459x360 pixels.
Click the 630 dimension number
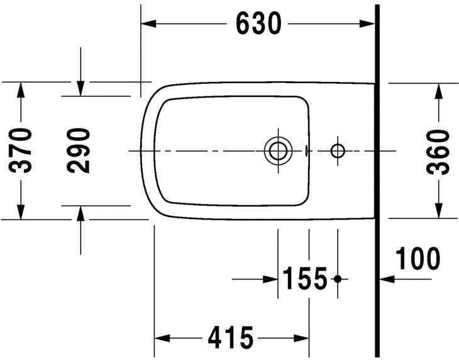coord(258,24)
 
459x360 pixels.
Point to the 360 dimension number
coord(438,150)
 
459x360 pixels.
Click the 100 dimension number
coord(418,258)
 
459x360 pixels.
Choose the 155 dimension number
coord(305,278)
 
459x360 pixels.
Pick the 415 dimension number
coord(231,338)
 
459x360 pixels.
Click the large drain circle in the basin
coord(277,150)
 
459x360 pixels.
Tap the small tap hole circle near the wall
coord(338,150)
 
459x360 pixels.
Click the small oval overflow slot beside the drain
coord(306,150)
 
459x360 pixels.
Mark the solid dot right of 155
coord(338,278)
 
